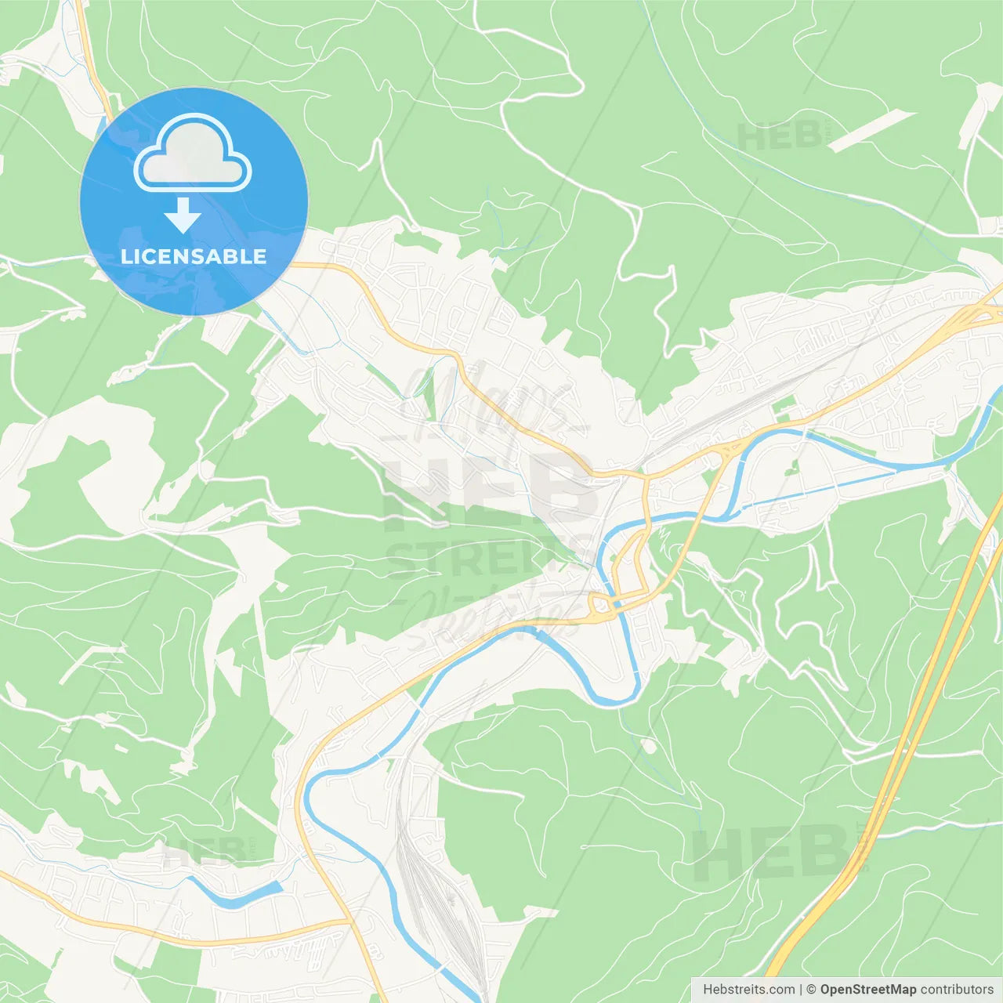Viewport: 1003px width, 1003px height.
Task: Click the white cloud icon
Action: tap(193, 153)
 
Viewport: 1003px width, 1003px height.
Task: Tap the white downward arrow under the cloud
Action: tap(183, 215)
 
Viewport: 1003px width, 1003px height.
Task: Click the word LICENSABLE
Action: tap(194, 256)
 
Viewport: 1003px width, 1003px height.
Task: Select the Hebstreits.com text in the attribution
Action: tap(748, 990)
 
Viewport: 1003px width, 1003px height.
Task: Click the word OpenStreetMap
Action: tap(867, 990)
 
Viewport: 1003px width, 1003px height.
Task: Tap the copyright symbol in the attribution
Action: tap(811, 990)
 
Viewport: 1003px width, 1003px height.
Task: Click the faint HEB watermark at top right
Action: tap(779, 136)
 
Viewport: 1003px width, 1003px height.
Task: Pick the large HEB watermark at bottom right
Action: tap(772, 854)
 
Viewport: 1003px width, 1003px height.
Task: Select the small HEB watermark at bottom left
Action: tap(204, 852)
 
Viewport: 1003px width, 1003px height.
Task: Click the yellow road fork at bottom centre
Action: tap(347, 921)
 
